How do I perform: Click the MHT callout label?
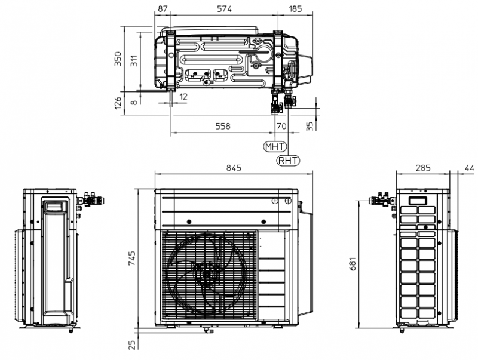click(275, 146)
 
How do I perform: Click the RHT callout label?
click(288, 160)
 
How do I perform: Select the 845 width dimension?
click(234, 168)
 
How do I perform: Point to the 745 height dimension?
click(131, 259)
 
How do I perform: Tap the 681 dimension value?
click(353, 264)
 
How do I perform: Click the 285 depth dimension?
click(423, 168)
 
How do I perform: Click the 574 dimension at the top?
click(224, 9)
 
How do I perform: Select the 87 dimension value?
click(163, 9)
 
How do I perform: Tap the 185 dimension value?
click(295, 9)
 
